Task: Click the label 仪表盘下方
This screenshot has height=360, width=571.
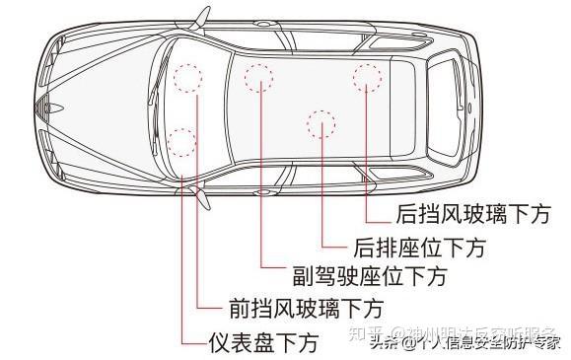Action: point(263,343)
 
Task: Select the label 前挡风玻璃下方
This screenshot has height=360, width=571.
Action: point(305,308)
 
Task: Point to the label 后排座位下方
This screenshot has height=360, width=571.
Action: point(419,246)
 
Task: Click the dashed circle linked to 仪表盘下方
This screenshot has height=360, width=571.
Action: point(181,143)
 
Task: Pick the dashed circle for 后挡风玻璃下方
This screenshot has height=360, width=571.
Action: point(367,77)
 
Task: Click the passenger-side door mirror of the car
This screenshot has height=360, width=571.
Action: point(201,18)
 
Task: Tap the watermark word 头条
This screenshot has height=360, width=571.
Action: point(385,343)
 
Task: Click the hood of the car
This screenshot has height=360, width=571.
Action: point(108,104)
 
